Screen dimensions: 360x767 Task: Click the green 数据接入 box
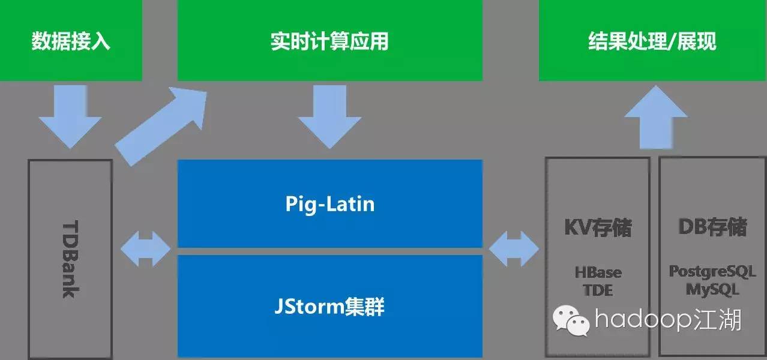point(71,41)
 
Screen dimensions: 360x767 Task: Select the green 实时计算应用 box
point(329,41)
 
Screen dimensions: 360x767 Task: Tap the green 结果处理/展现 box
point(652,41)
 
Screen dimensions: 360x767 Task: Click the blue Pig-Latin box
point(329,203)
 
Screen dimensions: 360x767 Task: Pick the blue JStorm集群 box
point(329,307)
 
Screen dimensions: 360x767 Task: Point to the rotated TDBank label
point(70,258)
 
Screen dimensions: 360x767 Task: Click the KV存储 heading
point(598,228)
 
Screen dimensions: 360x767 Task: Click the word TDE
point(598,290)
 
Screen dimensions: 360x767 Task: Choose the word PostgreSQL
point(712,271)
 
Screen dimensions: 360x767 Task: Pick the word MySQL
point(712,289)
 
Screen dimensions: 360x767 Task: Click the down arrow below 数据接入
point(70,116)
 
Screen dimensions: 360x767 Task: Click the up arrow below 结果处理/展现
point(656,117)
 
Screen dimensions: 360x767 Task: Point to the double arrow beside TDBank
point(145,248)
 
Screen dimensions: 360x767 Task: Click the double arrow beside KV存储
point(514,248)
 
